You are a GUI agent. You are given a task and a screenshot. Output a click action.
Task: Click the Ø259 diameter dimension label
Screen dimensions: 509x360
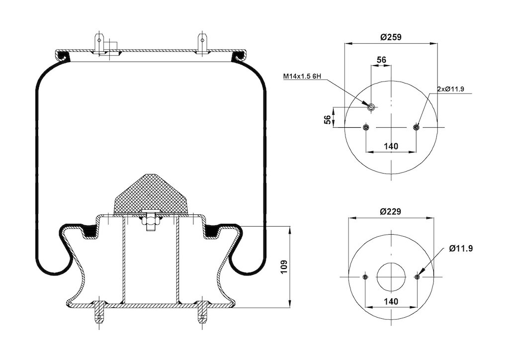[391, 37]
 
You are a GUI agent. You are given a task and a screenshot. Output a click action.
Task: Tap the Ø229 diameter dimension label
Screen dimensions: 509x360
[391, 212]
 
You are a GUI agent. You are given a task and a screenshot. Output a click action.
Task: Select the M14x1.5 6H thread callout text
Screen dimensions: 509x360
[302, 76]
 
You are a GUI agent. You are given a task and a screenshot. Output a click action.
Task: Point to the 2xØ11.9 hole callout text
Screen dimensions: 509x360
[450, 90]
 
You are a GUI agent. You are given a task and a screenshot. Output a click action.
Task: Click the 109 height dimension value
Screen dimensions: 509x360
[284, 267]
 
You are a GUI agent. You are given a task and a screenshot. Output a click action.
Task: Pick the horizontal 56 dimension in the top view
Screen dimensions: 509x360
[381, 60]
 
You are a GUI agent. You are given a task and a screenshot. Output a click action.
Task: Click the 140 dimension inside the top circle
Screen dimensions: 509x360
[391, 146]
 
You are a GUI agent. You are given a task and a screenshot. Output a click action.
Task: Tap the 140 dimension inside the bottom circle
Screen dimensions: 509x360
[391, 301]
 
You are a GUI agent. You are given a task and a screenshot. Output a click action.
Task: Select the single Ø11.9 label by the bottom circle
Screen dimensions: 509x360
[461, 249]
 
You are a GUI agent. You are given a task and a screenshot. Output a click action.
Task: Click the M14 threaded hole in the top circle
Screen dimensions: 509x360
[371, 107]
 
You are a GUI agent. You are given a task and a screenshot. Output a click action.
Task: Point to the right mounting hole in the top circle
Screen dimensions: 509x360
[417, 127]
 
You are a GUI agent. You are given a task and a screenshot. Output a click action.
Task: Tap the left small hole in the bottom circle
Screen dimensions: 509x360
[365, 277]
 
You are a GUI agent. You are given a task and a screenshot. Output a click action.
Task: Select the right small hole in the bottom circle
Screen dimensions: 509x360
[417, 277]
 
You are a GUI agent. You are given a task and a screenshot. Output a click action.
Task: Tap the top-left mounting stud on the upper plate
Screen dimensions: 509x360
[99, 43]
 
